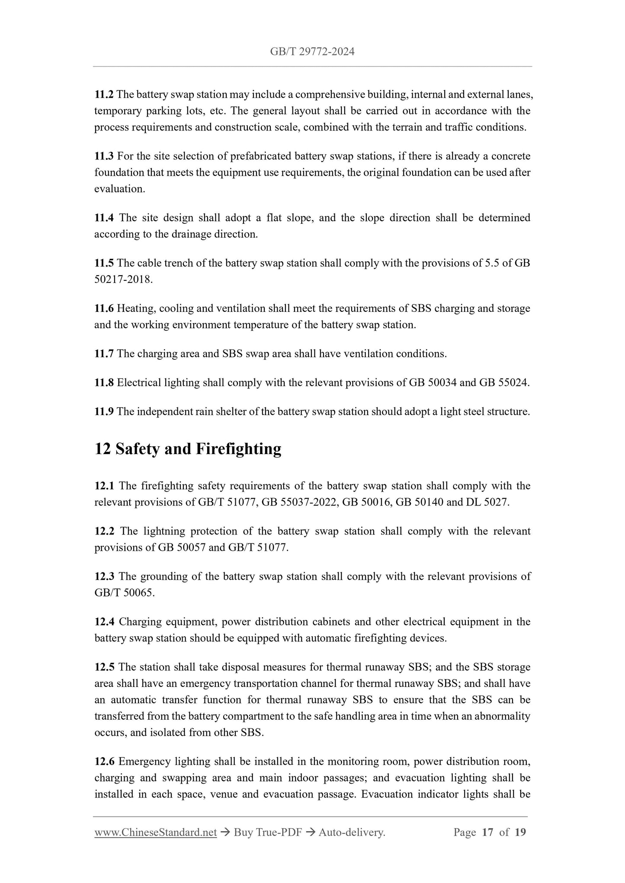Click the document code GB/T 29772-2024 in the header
(312, 52)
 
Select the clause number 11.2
(104, 94)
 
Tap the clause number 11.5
(104, 263)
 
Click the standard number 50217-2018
(123, 280)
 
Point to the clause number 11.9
(104, 411)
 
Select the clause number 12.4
(104, 622)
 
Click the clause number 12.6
(104, 761)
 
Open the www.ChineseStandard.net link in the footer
(155, 832)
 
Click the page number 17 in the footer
(487, 832)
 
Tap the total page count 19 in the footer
(520, 832)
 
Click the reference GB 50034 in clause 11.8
(433, 383)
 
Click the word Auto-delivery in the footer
(351, 832)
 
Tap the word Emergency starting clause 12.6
(145, 761)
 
